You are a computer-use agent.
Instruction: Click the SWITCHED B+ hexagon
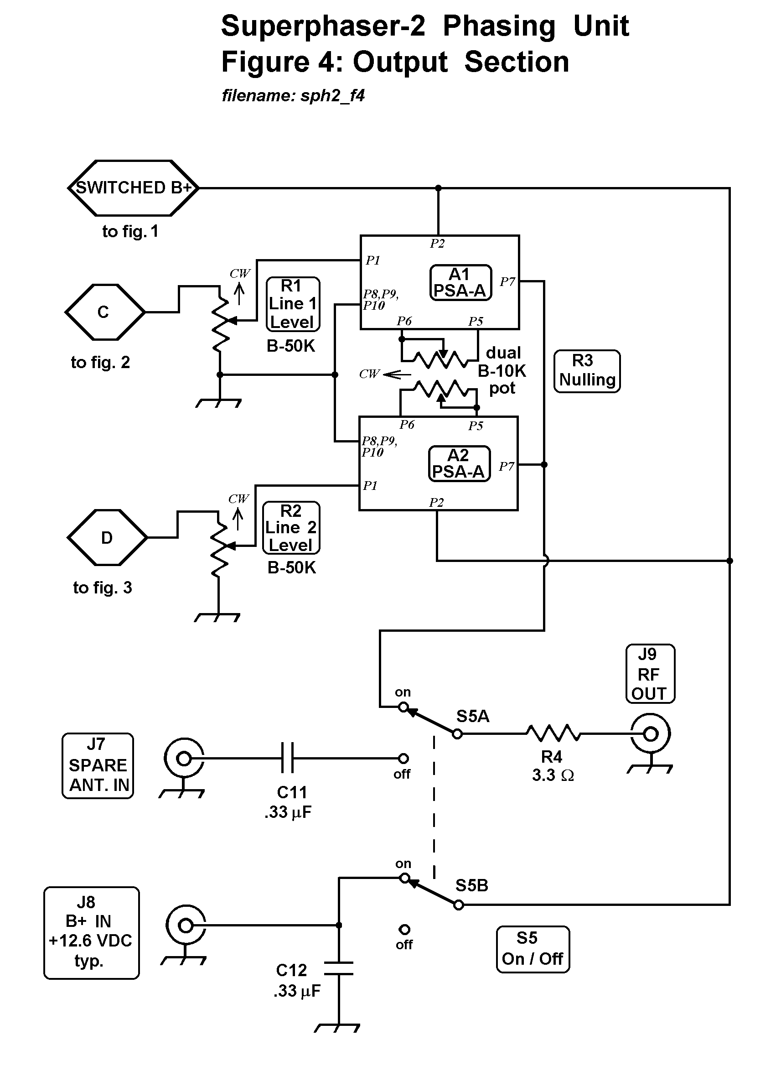coord(133,188)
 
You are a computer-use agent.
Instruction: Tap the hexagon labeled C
coord(104,312)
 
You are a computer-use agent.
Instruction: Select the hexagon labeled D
coord(107,538)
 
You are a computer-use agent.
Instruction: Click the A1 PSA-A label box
coord(460,282)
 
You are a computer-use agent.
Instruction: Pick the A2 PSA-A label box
coord(459,463)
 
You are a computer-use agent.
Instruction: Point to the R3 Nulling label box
coord(587,371)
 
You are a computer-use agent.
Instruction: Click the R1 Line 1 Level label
coord(293,304)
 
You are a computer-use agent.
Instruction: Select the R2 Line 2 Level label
coord(291,528)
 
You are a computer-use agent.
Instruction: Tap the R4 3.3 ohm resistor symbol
coord(553,733)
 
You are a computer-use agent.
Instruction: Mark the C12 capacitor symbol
coord(338,967)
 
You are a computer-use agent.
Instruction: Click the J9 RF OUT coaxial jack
coord(651,734)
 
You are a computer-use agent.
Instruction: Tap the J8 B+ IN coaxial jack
coord(186,925)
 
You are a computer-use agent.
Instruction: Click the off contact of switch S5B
coord(404,930)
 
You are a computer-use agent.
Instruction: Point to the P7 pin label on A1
coord(507,282)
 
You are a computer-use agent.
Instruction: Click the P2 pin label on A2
coord(436,502)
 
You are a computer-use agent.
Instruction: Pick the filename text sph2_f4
coord(293,96)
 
